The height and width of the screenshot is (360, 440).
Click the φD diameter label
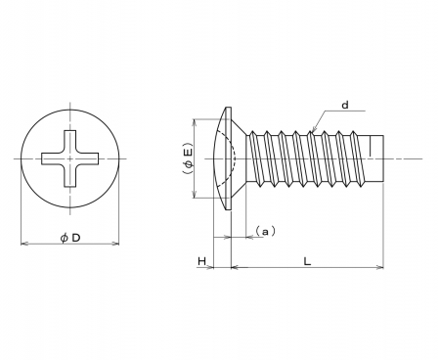pos(70,238)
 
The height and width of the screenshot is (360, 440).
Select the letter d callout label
pos(345,105)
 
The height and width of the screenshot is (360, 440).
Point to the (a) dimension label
pos(266,231)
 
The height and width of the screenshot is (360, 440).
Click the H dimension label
pos(201,261)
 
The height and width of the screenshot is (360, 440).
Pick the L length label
pos(307,261)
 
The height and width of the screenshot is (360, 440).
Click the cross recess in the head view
pos(70,158)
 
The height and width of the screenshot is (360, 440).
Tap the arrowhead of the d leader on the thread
pos(313,130)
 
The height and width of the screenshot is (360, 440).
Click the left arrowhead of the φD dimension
pos(24,244)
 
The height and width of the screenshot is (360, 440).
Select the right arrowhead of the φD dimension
pos(115,244)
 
